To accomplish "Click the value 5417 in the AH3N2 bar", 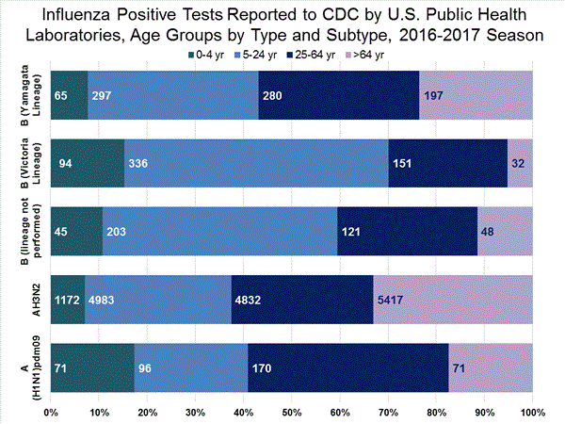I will tap(393, 302).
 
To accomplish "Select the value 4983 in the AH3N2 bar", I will tap(105, 302).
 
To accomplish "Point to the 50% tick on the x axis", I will tap(292, 412).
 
